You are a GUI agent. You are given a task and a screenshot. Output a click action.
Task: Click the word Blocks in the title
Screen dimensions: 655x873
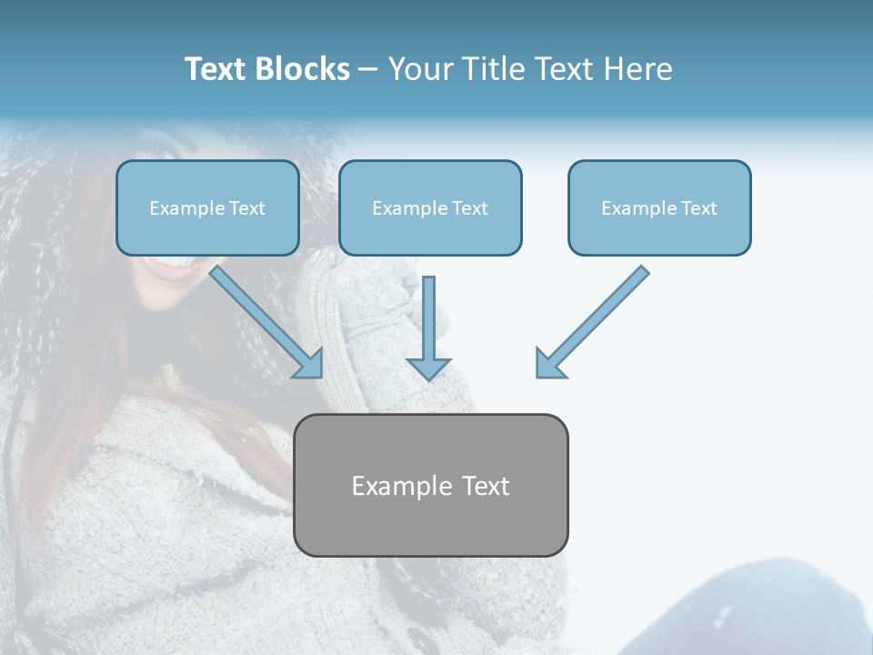coord(302,69)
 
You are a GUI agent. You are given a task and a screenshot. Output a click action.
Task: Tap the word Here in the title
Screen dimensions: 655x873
coord(638,69)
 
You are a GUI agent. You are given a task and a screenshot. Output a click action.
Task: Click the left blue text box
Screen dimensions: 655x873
coord(207,207)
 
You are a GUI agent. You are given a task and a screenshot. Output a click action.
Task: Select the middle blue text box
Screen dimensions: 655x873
coord(430,207)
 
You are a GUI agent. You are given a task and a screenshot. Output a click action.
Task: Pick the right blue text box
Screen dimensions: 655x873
coord(659,207)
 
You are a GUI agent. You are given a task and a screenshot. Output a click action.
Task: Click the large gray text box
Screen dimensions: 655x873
coord(430,485)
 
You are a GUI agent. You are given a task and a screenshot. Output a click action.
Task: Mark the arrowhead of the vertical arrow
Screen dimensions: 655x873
coord(429,368)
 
